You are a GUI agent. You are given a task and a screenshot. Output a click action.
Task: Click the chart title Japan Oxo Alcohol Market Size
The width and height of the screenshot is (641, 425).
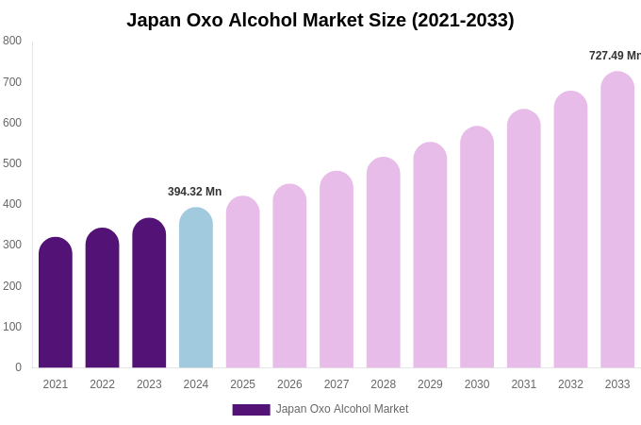point(320,20)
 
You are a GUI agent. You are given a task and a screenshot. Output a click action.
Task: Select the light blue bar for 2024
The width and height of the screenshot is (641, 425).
point(196,288)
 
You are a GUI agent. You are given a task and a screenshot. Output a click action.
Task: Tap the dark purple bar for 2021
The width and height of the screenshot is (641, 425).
point(56,302)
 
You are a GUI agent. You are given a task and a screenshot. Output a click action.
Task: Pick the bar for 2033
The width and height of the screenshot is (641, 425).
point(617,220)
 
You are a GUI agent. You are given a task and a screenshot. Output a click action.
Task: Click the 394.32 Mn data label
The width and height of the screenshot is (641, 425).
point(194,192)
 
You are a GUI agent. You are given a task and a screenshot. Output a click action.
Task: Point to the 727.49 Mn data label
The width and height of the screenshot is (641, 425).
point(614,56)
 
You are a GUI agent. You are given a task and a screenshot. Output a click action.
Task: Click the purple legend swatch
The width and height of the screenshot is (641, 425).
point(251,410)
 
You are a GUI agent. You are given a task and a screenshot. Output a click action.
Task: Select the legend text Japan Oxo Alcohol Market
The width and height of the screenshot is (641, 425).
point(342,409)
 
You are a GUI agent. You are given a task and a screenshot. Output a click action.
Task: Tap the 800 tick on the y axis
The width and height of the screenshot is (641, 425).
point(12,41)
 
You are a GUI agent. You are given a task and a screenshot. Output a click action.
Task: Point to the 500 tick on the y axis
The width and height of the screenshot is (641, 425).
point(12,163)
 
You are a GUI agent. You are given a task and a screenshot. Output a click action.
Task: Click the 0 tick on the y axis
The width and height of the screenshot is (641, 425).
point(18,367)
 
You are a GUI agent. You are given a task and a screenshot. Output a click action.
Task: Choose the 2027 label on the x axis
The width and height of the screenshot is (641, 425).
point(337,384)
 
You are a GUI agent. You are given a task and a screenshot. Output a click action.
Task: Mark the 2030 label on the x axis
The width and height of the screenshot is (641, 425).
point(477,384)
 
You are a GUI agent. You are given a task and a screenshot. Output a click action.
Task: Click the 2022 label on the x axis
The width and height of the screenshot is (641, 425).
point(102,384)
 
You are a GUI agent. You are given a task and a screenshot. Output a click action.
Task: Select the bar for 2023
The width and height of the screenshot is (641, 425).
point(149,293)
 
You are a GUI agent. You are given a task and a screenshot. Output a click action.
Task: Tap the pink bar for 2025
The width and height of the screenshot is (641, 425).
point(243,282)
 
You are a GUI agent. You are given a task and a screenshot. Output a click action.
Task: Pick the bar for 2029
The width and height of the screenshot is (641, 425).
point(430,255)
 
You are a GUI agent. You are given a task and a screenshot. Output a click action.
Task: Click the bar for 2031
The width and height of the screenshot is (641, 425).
point(524,239)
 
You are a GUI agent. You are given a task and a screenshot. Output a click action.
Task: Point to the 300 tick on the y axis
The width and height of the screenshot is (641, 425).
point(12,245)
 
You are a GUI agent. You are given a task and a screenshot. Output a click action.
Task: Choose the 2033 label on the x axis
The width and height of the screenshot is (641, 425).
point(617,384)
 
